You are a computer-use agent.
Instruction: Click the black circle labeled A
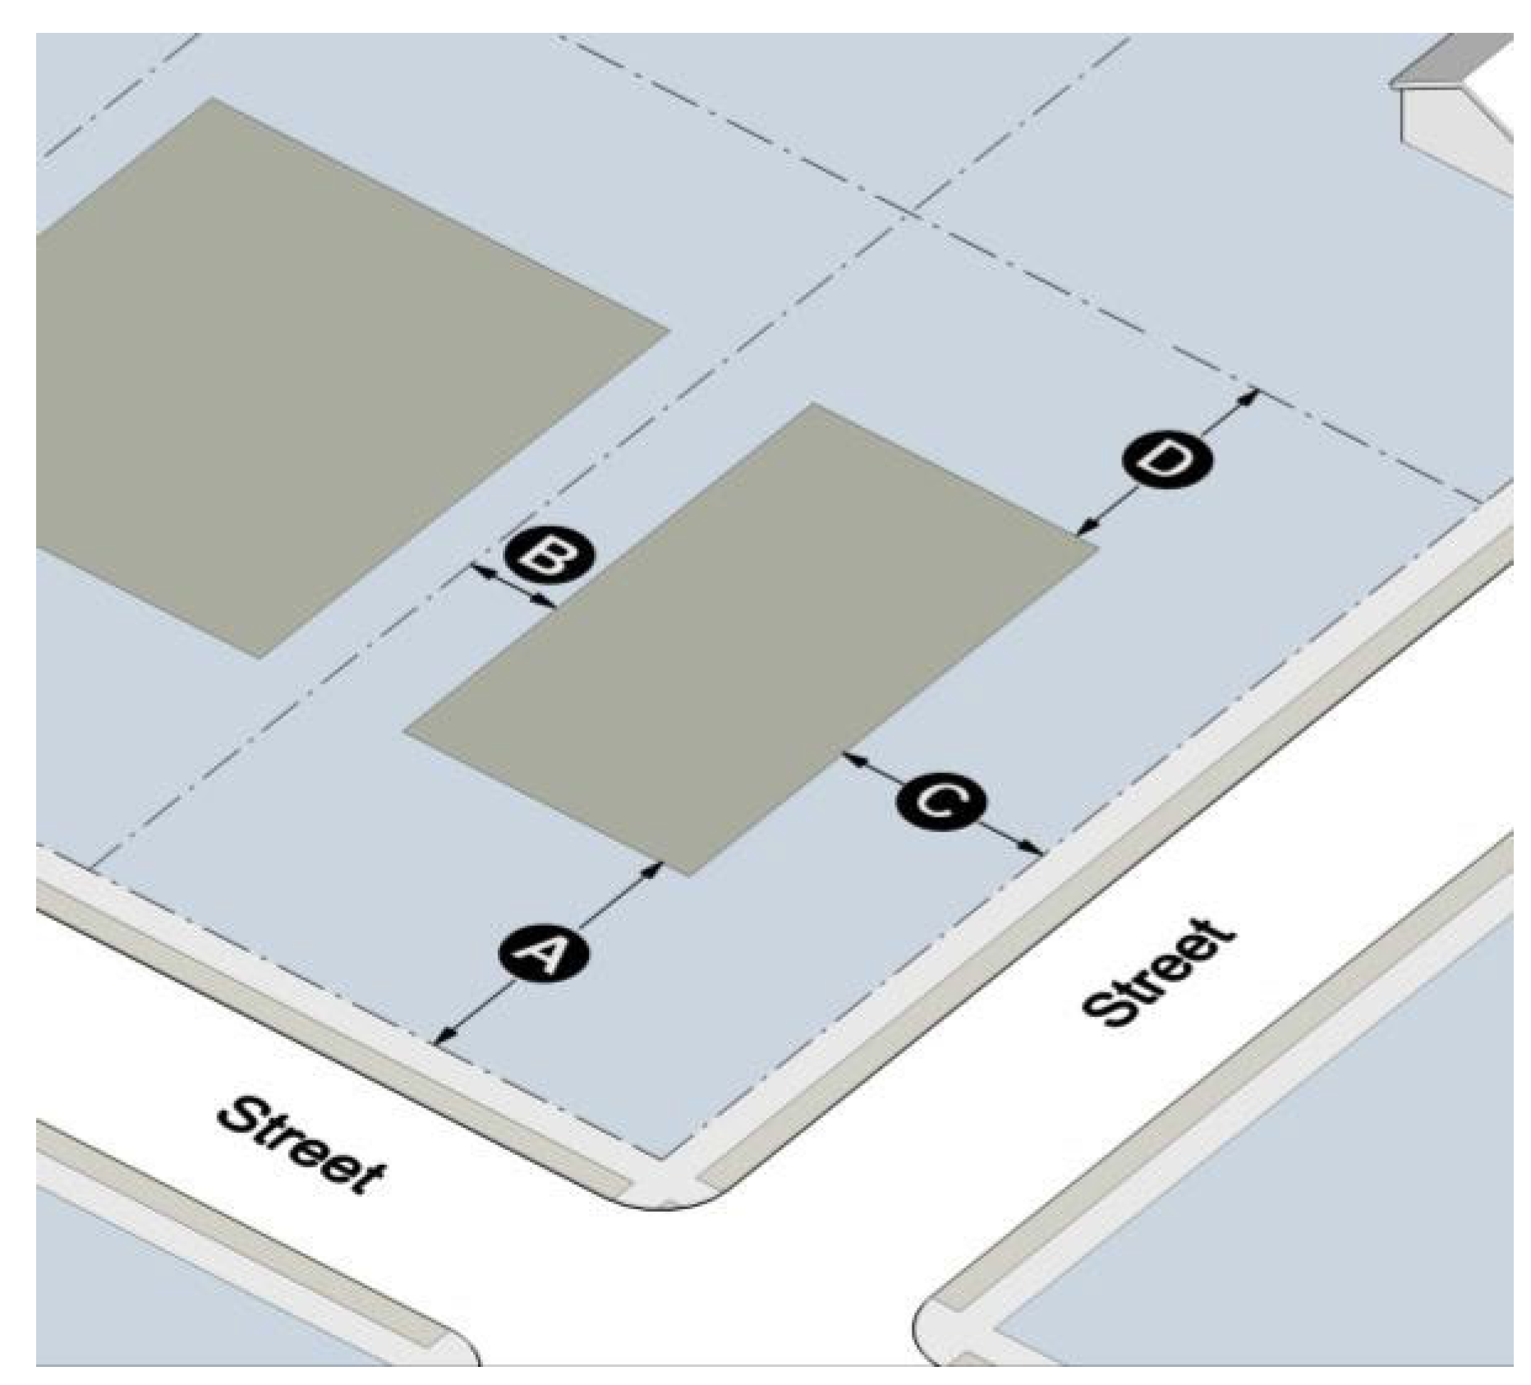[544, 953]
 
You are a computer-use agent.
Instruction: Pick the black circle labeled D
[1166, 462]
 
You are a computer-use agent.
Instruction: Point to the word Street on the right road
[1159, 974]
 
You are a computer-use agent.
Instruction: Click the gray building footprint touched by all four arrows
[747, 641]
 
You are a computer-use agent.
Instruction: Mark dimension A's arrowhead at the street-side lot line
[443, 1038]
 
